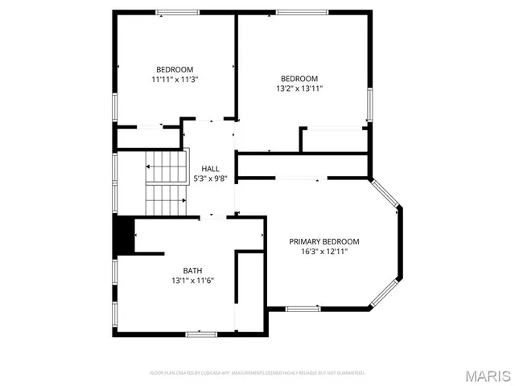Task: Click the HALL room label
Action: point(210,168)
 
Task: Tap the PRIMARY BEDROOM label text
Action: point(324,241)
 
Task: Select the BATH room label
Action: point(192,271)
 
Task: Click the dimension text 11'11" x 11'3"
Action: point(175,80)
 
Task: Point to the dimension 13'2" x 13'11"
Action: point(299,89)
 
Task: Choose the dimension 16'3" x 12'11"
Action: point(324,252)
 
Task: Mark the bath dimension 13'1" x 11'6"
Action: point(192,281)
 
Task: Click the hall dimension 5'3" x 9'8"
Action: point(210,179)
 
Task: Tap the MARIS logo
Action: point(487,375)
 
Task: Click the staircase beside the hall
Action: point(166,184)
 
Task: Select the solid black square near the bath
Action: point(122,234)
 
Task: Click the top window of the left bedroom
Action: point(178,12)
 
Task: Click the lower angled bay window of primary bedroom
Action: point(384,294)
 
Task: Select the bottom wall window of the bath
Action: point(200,334)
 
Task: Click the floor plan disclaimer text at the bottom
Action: point(257,373)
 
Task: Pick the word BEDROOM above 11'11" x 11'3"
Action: point(175,69)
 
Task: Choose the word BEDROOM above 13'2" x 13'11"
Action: point(299,79)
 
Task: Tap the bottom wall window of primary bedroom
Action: point(303,309)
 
